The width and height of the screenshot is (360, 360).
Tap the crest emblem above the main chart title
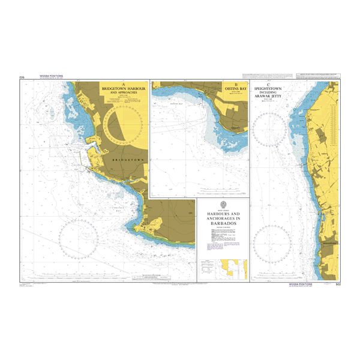pos(223,206)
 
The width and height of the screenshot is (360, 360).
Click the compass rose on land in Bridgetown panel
pos(122,125)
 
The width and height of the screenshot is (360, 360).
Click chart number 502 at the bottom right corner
pos(338,283)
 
